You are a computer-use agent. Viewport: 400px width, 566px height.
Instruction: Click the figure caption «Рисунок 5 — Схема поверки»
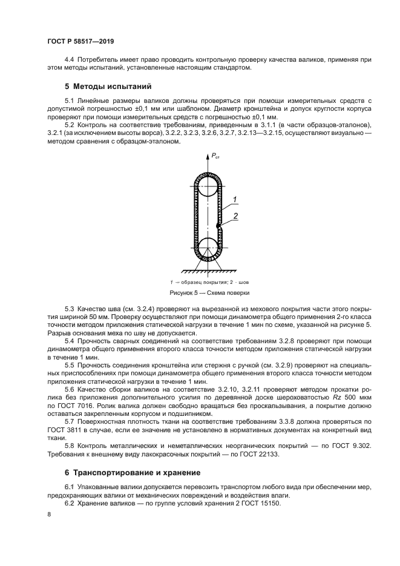click(x=206, y=292)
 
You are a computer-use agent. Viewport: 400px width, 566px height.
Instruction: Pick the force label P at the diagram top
click(x=215, y=157)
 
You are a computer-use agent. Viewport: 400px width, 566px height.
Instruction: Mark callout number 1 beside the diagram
click(x=235, y=199)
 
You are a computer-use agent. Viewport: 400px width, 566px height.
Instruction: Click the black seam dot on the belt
click(x=218, y=226)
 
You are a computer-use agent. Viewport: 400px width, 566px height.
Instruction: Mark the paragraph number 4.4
click(x=70, y=59)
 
